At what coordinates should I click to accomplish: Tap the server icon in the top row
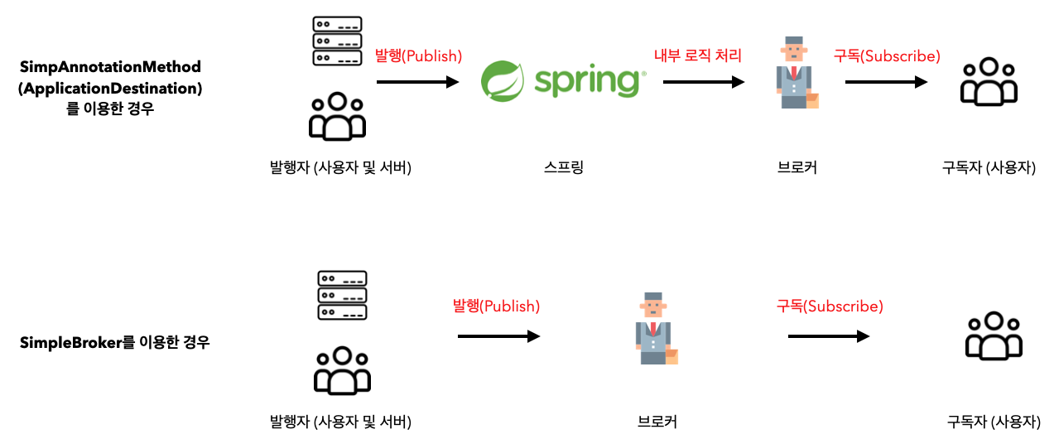pyautogui.click(x=336, y=40)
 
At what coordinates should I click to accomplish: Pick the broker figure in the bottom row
pyautogui.click(x=657, y=329)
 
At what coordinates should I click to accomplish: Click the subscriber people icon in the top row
pyautogui.click(x=988, y=81)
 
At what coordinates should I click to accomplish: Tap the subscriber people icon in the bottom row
pyautogui.click(x=994, y=335)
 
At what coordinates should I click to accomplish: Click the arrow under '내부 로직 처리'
pyautogui.click(x=703, y=82)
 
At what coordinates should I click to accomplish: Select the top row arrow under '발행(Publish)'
pyautogui.click(x=417, y=82)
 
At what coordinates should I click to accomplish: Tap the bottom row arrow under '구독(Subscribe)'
pyautogui.click(x=829, y=336)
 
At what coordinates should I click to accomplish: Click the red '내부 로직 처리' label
pyautogui.click(x=698, y=56)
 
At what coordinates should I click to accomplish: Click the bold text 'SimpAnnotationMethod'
pyautogui.click(x=110, y=66)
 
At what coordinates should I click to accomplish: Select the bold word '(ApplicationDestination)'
pyautogui.click(x=110, y=87)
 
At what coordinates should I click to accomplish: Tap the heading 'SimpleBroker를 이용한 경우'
pyautogui.click(x=114, y=341)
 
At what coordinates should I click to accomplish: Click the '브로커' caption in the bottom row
pyautogui.click(x=657, y=422)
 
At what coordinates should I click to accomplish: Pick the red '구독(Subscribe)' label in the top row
pyautogui.click(x=887, y=56)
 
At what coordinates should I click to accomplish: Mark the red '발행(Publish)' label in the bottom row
pyautogui.click(x=496, y=306)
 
